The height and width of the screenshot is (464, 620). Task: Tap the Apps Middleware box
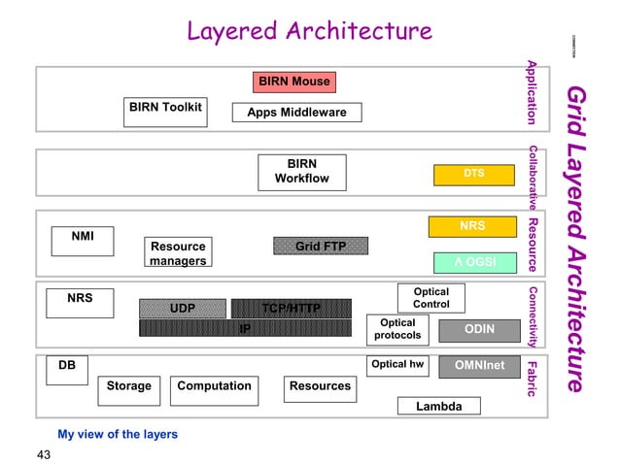coord(296,113)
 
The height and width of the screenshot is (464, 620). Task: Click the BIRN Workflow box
coord(301,172)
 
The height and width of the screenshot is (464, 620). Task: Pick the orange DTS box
coord(473,174)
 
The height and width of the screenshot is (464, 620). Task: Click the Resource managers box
coord(178,253)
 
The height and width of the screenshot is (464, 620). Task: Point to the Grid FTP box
coord(321,247)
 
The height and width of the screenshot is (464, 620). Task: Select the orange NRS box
coord(473,227)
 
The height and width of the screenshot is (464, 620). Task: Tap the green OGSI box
coord(473,261)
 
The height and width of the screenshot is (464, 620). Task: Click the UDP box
coord(183,309)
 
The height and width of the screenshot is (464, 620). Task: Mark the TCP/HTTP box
coord(291,309)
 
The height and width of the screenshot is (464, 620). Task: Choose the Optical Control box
coord(431,298)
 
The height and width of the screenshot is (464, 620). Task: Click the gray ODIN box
coord(478,330)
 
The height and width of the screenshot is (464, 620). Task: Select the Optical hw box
coord(397,366)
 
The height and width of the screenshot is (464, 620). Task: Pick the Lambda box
coord(438,406)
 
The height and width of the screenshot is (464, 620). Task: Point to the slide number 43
coord(43,453)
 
